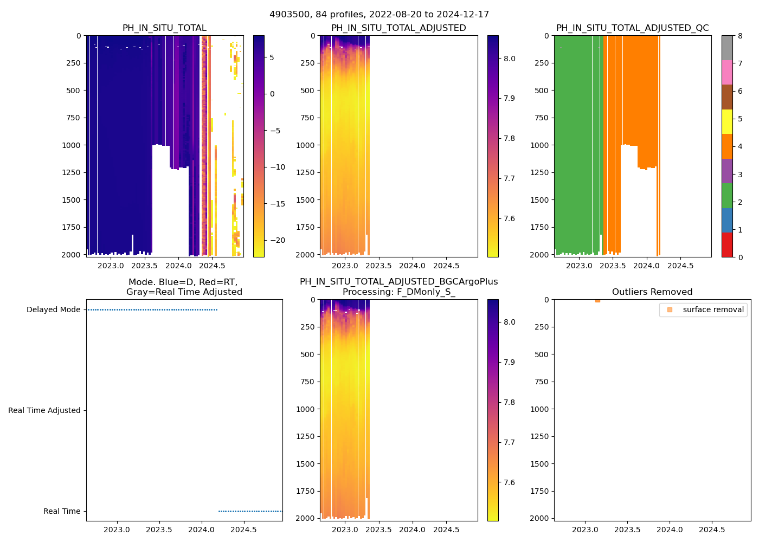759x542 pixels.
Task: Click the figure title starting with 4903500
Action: [379, 14]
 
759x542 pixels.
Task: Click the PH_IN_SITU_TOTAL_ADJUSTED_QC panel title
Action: [632, 28]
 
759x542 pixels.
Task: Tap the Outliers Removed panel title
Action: [652, 292]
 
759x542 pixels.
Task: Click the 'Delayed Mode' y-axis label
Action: [53, 309]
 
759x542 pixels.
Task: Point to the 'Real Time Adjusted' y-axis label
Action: [44, 410]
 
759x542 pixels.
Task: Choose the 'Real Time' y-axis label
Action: [62, 511]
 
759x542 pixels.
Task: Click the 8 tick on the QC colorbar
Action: [740, 36]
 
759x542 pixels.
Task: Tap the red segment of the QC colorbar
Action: [727, 245]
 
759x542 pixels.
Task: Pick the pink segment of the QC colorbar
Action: [727, 72]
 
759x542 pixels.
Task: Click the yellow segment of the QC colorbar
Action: [727, 121]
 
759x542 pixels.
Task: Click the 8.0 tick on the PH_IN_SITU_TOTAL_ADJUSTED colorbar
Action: [509, 59]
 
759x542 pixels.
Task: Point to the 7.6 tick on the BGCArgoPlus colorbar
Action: [509, 482]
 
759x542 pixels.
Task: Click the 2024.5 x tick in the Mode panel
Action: [244, 530]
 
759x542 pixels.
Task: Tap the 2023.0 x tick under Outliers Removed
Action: [585, 530]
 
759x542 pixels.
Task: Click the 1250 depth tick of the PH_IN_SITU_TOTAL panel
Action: [73, 172]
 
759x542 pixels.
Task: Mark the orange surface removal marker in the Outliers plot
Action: [597, 300]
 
